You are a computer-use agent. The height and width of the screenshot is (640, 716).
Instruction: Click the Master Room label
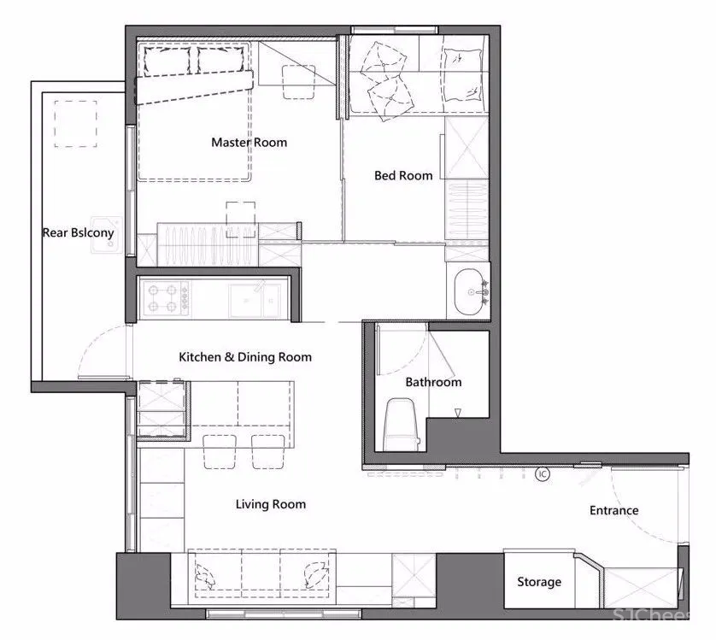pos(249,143)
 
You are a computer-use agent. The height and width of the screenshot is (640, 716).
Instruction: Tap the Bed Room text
pos(403,175)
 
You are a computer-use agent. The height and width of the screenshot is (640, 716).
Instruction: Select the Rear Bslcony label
pos(78,233)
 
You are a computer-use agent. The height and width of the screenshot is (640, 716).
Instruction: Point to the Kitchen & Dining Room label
pos(245,357)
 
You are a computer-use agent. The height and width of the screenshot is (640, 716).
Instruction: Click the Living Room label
pos(271,504)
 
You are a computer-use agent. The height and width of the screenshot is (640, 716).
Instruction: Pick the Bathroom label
pos(433,382)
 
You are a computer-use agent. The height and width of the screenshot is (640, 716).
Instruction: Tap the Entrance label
pos(613,510)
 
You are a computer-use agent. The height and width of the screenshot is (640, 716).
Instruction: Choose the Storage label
pos(539,582)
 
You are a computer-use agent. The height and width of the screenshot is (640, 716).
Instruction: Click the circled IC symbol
pos(543,474)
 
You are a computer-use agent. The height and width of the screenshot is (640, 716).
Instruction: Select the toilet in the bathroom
pos(401,425)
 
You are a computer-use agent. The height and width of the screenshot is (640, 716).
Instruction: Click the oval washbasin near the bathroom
pos(468,292)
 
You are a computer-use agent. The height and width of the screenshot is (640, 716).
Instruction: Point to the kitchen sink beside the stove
pos(255,300)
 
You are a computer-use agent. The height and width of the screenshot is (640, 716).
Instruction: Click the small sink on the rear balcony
pos(107,235)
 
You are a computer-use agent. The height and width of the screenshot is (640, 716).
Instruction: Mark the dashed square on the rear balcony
pos(76,124)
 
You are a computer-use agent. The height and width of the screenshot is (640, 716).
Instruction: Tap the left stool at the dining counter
pos(220,452)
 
